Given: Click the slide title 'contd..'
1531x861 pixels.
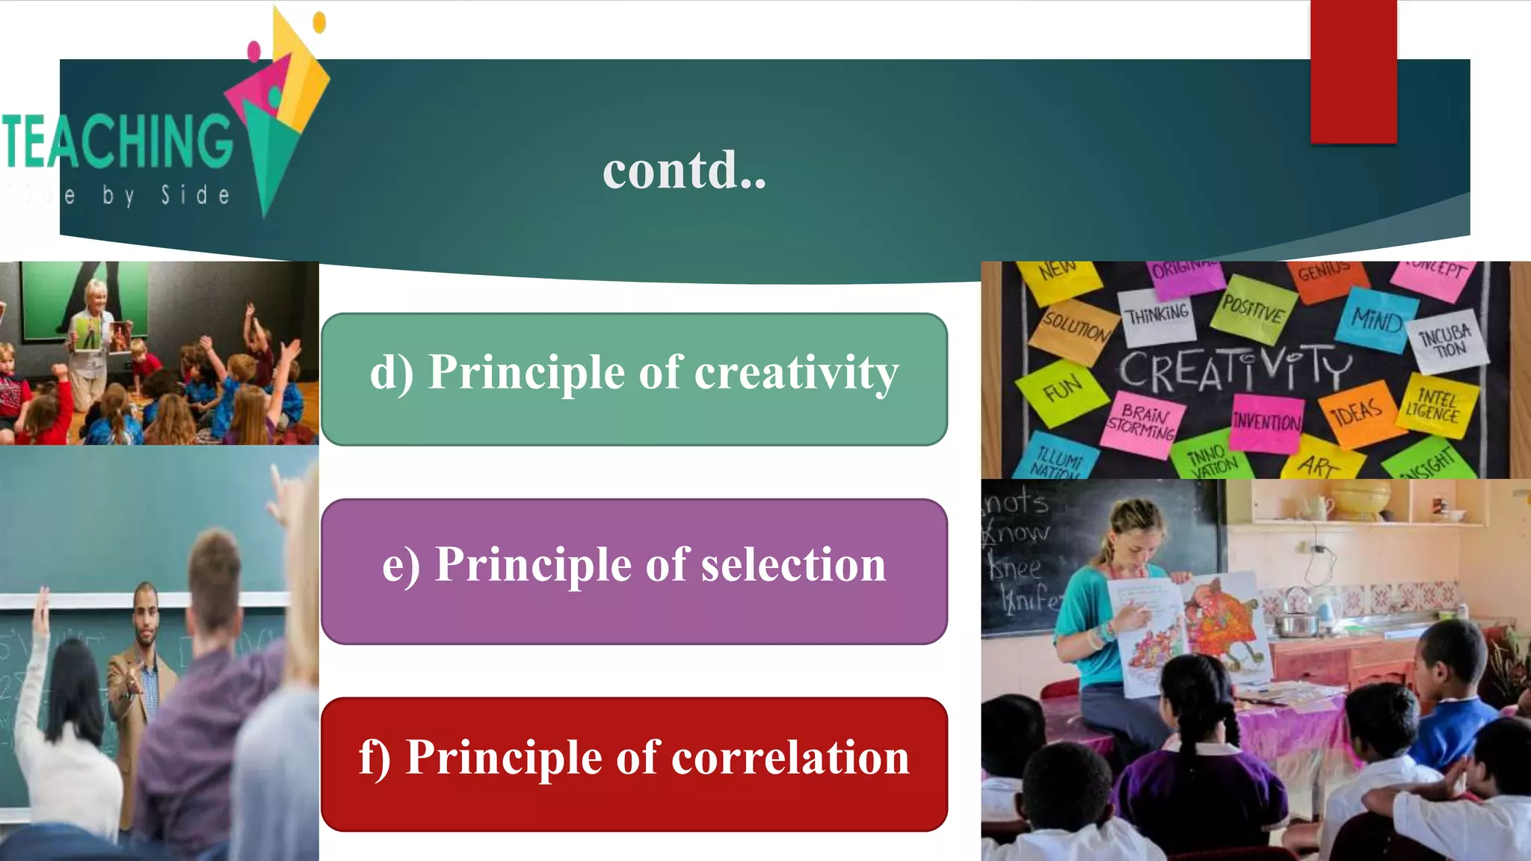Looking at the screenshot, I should pos(684,170).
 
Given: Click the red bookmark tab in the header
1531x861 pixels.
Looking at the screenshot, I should pos(1353,71).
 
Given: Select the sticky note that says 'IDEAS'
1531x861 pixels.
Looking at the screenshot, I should pos(1358,413).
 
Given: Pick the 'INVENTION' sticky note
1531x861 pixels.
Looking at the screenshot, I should pos(1266,422).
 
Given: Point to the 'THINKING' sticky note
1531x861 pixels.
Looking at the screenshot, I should pos(1158,314).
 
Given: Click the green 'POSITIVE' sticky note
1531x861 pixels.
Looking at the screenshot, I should pos(1252,308).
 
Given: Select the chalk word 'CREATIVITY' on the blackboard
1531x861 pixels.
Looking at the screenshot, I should pos(1235,368).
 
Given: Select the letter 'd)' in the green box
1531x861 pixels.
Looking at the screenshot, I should pos(391,373).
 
